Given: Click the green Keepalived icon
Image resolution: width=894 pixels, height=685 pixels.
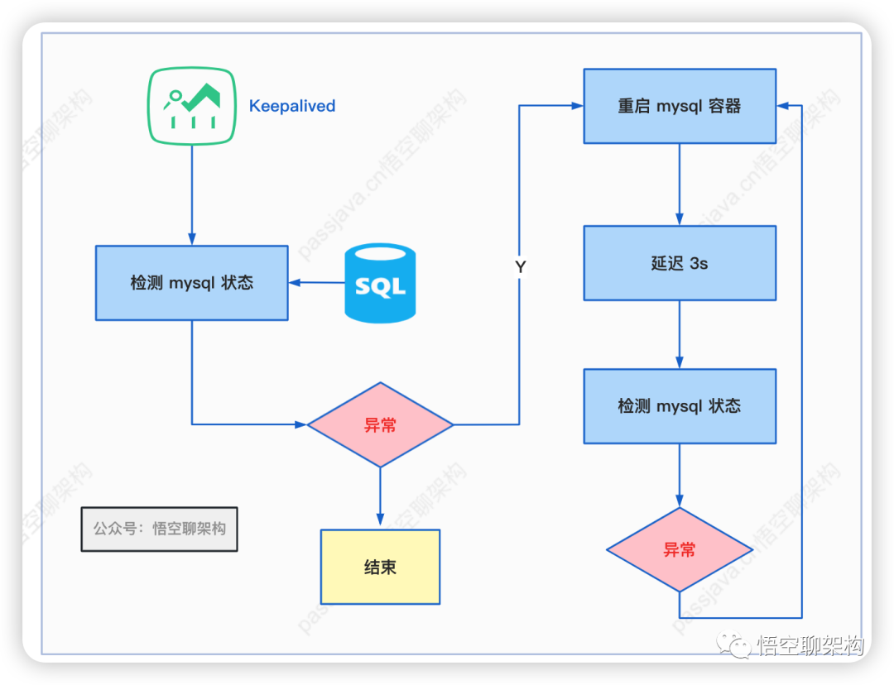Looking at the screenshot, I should pyautogui.click(x=191, y=105).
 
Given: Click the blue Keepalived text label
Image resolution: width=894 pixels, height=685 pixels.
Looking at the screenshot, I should pyautogui.click(x=292, y=106).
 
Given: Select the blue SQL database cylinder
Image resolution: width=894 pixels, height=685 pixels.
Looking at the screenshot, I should pyautogui.click(x=380, y=283).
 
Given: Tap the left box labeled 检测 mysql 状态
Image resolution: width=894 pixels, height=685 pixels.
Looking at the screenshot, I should pyautogui.click(x=191, y=283).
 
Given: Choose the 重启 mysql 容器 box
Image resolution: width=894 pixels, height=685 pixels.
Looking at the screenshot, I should pyautogui.click(x=680, y=106).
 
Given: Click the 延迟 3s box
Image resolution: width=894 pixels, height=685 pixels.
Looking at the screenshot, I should pyautogui.click(x=680, y=263).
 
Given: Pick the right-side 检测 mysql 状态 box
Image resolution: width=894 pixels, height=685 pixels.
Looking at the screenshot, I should pyautogui.click(x=680, y=406).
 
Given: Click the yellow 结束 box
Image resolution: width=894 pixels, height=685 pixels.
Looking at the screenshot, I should pyautogui.click(x=380, y=567).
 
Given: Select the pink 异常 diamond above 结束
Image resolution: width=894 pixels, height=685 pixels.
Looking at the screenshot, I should pyautogui.click(x=380, y=425).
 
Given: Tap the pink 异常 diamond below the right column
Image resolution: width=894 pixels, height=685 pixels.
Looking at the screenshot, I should pyautogui.click(x=680, y=549).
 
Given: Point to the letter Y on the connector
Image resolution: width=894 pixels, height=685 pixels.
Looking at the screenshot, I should pyautogui.click(x=521, y=267).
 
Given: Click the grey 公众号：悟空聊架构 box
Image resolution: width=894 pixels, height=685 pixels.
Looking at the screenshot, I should pyautogui.click(x=159, y=529).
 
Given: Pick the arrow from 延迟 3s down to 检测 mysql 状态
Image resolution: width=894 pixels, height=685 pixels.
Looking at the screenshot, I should pyautogui.click(x=680, y=334).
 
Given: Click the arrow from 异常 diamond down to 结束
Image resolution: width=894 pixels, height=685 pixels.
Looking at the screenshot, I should pyautogui.click(x=380, y=496).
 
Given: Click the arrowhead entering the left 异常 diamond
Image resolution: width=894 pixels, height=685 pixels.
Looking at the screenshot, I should pyautogui.click(x=300, y=424).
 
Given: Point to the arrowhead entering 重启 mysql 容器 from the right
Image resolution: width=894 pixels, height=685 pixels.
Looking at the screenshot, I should pyautogui.click(x=783, y=106).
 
